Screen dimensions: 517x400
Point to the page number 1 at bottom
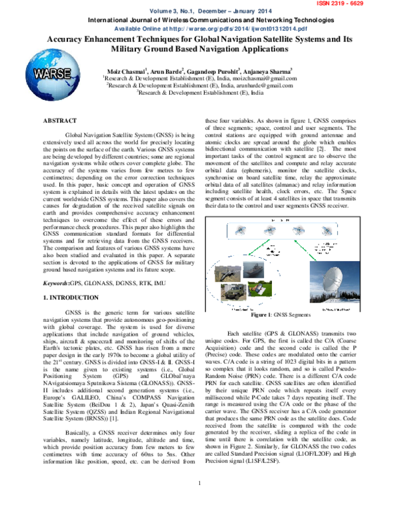pyautogui.click(x=201, y=511)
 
